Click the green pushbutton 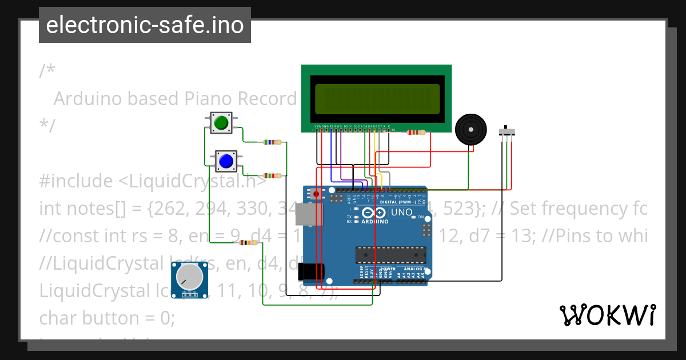[221, 123]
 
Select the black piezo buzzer [470, 130]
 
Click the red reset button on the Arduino [316, 194]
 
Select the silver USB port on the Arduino [306, 215]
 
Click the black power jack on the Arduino [312, 271]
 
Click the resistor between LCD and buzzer [416, 133]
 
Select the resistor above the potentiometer [248, 243]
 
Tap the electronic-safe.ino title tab [145, 25]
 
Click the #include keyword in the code [76, 181]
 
